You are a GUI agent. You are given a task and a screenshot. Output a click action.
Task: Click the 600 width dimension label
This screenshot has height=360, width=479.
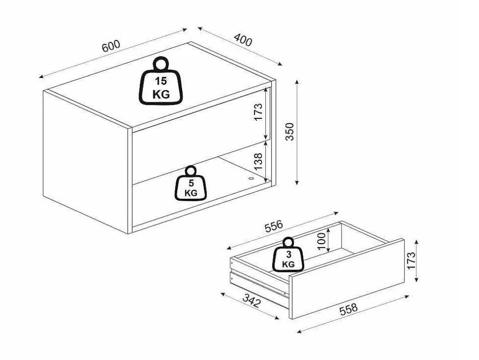pos(111,46)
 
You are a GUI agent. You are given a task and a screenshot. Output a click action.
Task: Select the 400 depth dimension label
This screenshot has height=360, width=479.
pos(243,40)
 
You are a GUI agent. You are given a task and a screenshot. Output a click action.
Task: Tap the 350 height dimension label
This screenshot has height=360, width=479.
pos(289,132)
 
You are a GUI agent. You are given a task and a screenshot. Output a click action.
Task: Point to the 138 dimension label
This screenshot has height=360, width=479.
pos(258,161)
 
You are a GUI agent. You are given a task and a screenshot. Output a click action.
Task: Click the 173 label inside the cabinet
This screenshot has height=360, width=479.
pos(258,112)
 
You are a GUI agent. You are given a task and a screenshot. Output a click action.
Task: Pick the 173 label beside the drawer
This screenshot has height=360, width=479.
pos(411,261)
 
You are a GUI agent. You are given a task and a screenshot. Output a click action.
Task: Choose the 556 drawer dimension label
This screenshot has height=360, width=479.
pos(274,226)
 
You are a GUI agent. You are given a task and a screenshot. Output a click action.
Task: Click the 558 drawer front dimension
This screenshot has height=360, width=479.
pos(348,309)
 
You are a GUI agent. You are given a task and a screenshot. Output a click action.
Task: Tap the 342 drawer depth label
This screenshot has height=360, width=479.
pos(251,301)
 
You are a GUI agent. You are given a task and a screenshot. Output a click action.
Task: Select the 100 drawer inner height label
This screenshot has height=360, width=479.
pos(321,241)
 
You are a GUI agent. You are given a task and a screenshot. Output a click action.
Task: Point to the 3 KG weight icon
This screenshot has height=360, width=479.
pos(288,255)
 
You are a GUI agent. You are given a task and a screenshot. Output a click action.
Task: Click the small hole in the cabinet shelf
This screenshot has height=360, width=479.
pos(251,178)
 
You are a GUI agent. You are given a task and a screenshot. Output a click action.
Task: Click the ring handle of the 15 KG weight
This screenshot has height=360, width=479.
pos(161,64)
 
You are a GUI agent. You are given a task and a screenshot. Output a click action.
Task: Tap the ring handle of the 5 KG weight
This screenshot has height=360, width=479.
pos(191,171)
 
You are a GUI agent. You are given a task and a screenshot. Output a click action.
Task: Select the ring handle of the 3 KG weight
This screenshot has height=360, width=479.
pos(288,243)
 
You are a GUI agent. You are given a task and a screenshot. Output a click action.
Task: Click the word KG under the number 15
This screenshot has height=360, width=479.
pos(161,94)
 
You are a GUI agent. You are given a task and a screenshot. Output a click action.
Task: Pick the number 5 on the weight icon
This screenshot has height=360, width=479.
pos(191,183)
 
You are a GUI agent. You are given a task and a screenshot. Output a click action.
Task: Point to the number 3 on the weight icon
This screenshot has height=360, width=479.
pos(289,254)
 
